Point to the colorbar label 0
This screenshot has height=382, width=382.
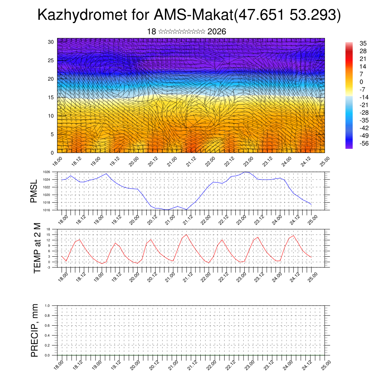pos(361,82)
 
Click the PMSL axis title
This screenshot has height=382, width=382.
pos(34,191)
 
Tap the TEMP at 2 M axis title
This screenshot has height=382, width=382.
pos(37,248)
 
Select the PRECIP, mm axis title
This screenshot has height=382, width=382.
pos(35,330)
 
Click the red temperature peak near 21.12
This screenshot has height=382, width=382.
pos(187,234)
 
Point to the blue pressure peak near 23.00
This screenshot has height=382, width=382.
pos(245,172)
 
